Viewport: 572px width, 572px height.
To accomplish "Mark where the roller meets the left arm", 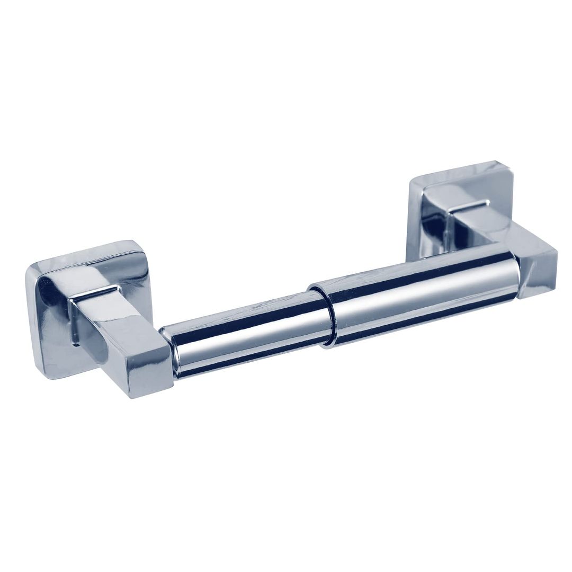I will (x=169, y=352).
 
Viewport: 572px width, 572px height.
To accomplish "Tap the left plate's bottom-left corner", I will (x=45, y=371).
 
